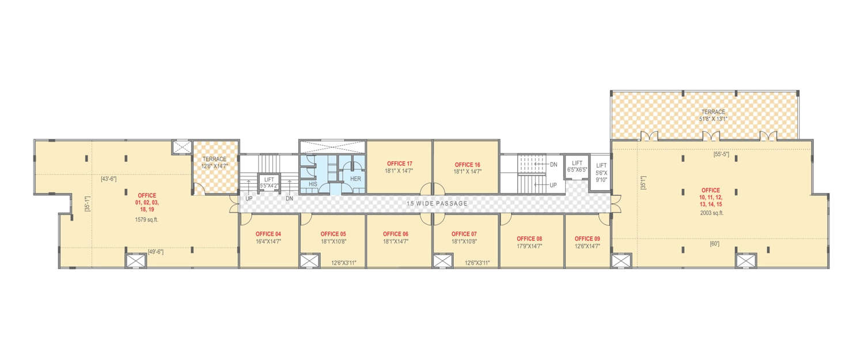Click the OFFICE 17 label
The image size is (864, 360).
(399, 164)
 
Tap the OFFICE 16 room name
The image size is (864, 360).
(467, 164)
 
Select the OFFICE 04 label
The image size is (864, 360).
(268, 234)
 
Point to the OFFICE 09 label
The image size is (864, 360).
(588, 238)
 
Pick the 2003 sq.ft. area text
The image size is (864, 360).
(710, 213)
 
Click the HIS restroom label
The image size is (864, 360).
(313, 184)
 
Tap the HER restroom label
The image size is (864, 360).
(355, 179)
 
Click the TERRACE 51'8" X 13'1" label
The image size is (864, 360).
(713, 115)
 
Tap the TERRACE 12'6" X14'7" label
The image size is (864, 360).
(214, 162)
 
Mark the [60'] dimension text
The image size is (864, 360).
(714, 244)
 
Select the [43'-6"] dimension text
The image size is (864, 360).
(108, 179)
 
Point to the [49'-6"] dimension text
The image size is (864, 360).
(155, 252)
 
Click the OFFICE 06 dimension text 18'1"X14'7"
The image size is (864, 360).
(396, 242)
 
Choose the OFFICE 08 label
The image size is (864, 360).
(529, 238)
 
